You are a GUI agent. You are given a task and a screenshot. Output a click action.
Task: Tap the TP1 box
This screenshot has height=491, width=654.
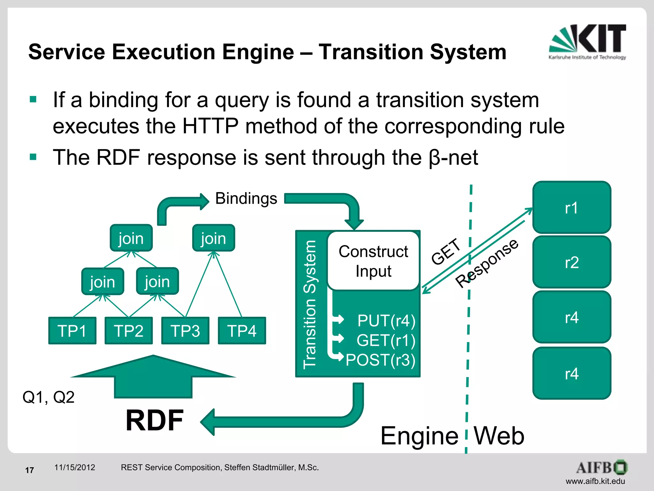pos(72,331)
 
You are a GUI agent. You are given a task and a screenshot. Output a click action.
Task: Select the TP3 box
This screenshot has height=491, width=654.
pos(185,331)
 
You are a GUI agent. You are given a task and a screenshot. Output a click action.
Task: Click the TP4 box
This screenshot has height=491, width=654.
pos(242,331)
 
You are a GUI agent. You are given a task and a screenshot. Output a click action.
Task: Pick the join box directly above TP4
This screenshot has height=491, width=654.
pos(213,238)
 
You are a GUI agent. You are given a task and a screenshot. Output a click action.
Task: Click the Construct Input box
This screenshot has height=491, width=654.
pos(373,261)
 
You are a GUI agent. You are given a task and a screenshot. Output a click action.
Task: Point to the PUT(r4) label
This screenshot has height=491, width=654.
pos(386,320)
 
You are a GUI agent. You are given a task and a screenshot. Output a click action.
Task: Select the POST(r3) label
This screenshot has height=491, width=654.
pos(380,360)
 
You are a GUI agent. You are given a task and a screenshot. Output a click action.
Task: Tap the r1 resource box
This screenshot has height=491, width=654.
pos(571,207)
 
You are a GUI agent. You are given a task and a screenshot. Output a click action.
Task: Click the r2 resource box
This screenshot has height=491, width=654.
pos(571,262)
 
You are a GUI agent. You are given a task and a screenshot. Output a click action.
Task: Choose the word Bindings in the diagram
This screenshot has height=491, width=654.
pos(246,199)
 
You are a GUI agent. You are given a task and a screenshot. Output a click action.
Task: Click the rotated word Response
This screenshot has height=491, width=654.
pos(487,263)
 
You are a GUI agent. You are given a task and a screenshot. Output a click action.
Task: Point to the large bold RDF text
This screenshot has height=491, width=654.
pos(154,420)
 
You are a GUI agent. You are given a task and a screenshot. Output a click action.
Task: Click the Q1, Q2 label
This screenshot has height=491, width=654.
pos(48,397)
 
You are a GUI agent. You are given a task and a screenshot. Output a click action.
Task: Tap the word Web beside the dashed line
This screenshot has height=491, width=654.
pos(498,436)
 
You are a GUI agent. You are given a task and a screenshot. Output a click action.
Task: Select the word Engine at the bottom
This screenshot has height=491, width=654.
pos(419,436)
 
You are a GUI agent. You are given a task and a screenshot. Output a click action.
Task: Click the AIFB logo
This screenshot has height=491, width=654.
pos(602,468)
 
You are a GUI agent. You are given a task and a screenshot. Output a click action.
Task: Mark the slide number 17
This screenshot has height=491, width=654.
pos(29,470)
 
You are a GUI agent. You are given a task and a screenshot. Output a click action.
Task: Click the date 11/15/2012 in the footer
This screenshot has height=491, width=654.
pos(74,467)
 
